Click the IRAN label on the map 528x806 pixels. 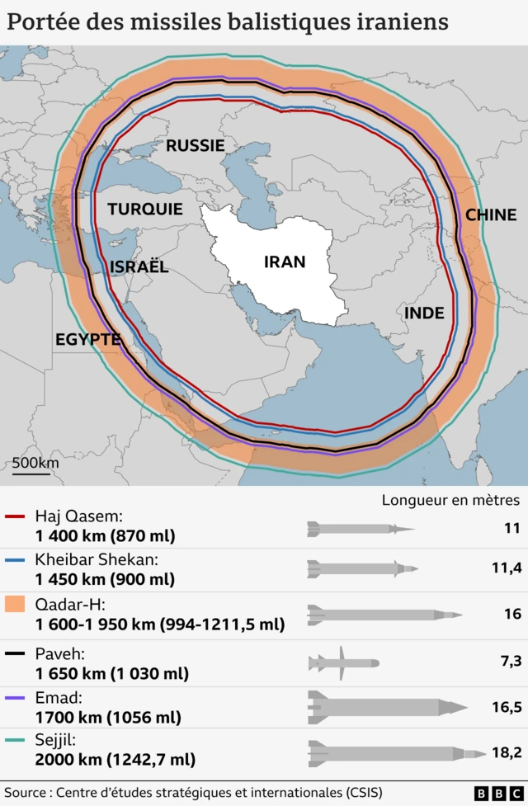285,262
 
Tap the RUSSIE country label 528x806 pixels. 196,146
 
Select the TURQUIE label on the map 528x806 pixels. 145,210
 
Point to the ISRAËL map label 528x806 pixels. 139,266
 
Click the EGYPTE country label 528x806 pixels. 88,339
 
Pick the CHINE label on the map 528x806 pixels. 491,214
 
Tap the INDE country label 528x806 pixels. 424,313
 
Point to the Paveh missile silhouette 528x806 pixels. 343,662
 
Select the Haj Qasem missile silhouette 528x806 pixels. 360,528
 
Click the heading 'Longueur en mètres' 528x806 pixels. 450,500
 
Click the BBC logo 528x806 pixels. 490,793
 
